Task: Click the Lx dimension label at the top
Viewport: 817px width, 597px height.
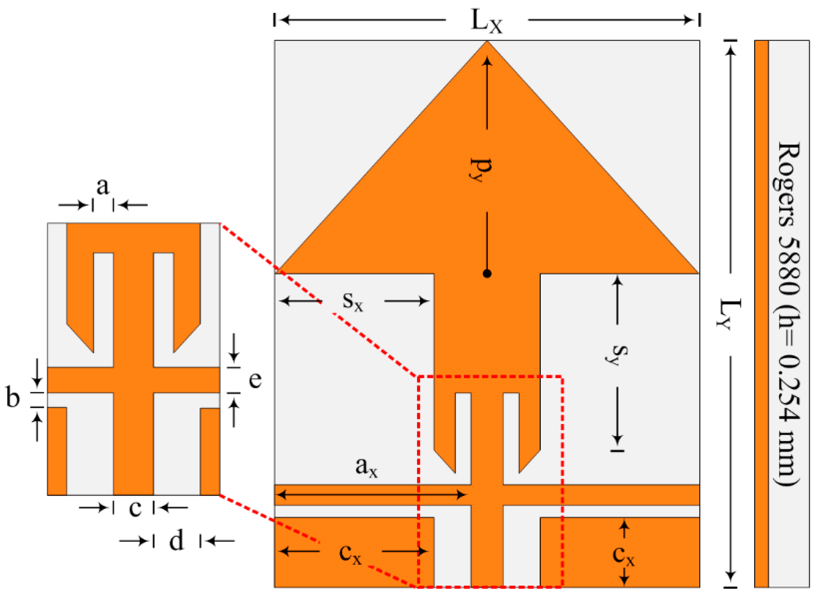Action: coord(486,22)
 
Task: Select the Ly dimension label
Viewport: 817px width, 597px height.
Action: coord(728,314)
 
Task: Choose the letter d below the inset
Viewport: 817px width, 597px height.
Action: coord(176,541)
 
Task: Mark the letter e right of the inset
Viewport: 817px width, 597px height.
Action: coord(255,380)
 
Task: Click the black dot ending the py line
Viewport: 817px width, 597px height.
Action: coord(487,273)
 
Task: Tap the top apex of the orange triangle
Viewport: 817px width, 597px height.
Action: coord(487,42)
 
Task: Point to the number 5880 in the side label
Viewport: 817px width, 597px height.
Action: coord(788,269)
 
